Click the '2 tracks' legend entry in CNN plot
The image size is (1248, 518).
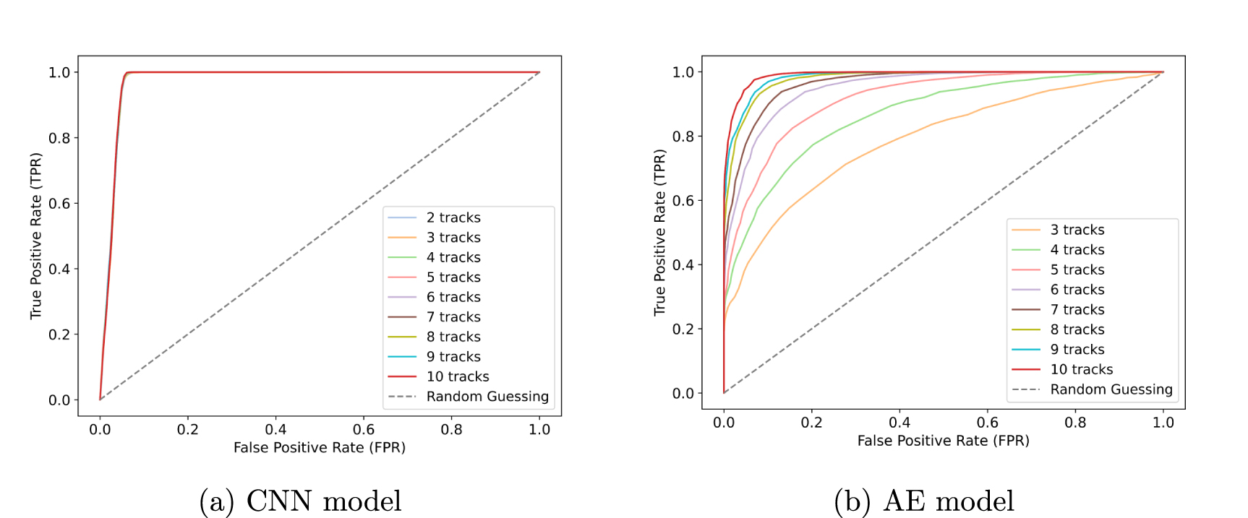(453, 217)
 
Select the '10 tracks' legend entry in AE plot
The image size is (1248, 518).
(1081, 369)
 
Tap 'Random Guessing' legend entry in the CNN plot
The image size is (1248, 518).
(487, 397)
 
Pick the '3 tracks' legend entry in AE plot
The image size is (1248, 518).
(1077, 230)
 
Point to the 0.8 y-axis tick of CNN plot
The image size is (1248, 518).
(59, 138)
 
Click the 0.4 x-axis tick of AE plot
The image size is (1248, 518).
(899, 423)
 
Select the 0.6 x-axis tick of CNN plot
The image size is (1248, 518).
(364, 429)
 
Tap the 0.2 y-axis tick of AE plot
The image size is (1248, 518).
(683, 329)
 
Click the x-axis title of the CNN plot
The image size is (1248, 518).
(319, 448)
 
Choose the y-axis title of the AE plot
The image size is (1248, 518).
(659, 232)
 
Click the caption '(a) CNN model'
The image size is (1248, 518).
(300, 501)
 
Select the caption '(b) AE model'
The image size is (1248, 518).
(924, 501)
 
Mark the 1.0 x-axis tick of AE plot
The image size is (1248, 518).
(1163, 423)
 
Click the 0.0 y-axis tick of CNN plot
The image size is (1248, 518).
(59, 400)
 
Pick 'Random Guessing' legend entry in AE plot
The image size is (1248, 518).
(1111, 389)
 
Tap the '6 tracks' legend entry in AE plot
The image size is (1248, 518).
(1077, 290)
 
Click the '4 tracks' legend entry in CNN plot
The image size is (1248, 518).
(453, 257)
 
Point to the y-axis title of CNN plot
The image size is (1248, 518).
(35, 236)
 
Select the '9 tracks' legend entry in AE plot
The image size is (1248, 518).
(1077, 350)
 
